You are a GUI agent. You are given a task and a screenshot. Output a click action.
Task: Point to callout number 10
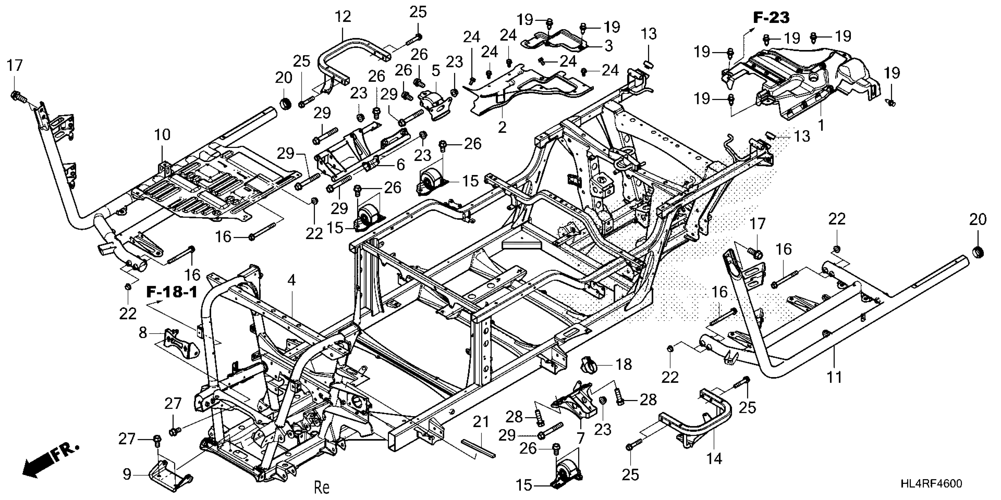(x=163, y=135)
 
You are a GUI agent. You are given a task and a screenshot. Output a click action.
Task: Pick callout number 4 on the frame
(x=291, y=280)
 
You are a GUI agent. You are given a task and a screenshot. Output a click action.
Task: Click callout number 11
(x=834, y=377)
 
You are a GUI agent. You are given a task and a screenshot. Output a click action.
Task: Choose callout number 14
(x=714, y=459)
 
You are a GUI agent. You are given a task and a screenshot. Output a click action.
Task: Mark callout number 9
(x=127, y=474)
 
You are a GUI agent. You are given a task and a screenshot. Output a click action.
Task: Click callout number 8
(x=143, y=333)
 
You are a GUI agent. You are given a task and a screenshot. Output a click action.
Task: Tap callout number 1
(x=821, y=125)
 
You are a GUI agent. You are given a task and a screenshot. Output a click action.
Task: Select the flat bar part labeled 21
(x=478, y=446)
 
